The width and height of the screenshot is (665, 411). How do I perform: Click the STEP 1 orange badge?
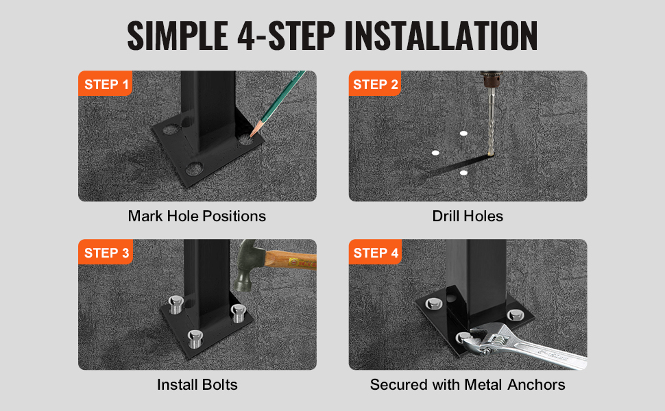coord(105,84)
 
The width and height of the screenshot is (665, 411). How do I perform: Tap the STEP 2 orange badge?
coord(375,84)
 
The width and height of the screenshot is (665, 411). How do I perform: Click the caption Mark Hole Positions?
coord(197,216)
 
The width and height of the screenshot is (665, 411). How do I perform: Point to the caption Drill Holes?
coord(468,216)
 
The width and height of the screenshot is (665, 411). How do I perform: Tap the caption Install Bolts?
coord(197,384)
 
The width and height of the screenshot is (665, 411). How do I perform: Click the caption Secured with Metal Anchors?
coord(468,384)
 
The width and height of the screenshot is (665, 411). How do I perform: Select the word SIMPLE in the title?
coord(178,36)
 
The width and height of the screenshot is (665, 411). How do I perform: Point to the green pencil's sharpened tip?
coord(252,135)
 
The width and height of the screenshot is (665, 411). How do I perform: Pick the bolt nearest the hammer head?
coord(238,313)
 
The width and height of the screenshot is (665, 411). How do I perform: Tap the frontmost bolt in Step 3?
coord(195,339)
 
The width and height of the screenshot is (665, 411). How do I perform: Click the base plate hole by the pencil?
coord(245,140)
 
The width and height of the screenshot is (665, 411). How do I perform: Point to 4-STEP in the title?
coord(286,36)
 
